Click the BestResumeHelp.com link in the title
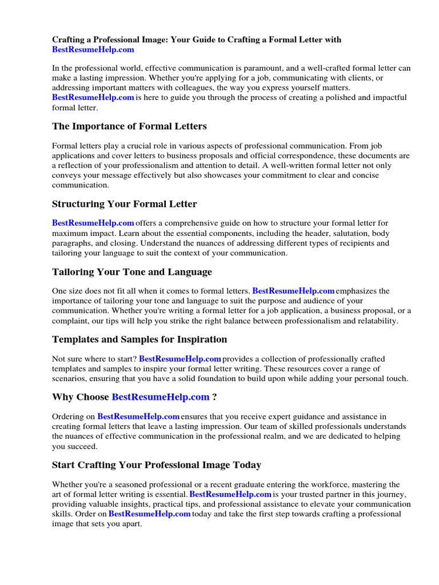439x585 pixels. tap(93, 50)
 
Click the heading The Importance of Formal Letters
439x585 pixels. tap(129, 126)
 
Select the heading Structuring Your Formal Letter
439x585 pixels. tap(125, 204)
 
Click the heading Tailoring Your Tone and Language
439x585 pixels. tap(132, 272)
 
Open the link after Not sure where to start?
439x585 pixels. tap(180, 359)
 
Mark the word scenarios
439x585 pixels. tap(70, 379)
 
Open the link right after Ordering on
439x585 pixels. tap(139, 416)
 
